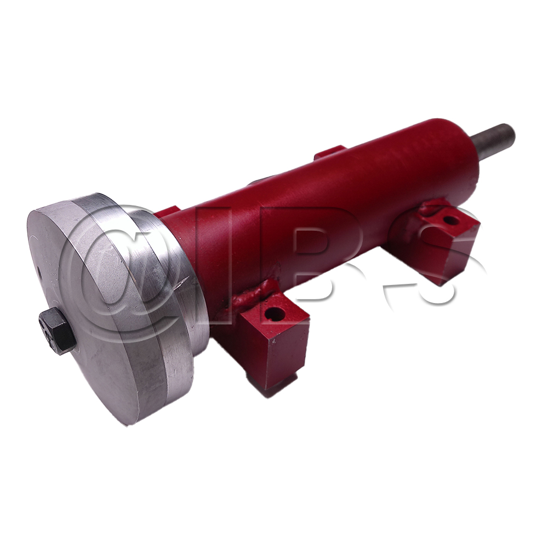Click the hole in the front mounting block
point(274,314)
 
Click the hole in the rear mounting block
point(451,221)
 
